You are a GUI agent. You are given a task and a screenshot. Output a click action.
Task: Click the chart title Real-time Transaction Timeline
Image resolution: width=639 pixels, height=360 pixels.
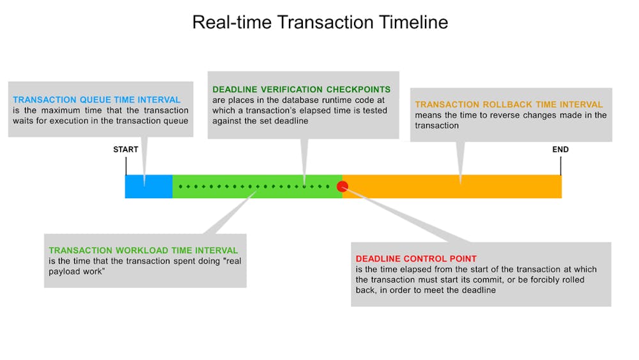point(320,22)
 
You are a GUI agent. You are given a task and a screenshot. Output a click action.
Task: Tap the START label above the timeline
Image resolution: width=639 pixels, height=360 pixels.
point(125,150)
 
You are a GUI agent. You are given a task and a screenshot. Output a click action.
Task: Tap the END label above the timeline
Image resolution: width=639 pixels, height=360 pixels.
point(560,150)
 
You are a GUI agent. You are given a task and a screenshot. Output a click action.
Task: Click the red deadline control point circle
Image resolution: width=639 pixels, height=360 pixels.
point(343,186)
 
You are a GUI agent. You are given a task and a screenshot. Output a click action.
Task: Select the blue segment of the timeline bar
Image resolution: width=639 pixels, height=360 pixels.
point(149,187)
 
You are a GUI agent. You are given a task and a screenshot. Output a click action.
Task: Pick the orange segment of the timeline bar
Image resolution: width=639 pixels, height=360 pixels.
point(452,187)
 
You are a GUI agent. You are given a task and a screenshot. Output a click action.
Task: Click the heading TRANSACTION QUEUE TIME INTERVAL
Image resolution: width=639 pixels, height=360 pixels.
point(96,100)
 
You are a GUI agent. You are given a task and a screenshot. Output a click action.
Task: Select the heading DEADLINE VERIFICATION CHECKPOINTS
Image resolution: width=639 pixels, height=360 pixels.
point(302,90)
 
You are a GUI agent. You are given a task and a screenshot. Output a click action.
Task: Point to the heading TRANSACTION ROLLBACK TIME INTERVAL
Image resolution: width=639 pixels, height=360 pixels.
point(509,104)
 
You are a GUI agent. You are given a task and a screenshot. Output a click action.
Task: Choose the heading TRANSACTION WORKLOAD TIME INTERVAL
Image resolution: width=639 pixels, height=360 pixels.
point(143,250)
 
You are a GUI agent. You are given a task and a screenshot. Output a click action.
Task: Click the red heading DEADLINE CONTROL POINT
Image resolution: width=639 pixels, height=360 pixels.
point(416,258)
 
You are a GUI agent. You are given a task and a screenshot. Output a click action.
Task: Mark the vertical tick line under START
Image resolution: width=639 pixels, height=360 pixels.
point(126,166)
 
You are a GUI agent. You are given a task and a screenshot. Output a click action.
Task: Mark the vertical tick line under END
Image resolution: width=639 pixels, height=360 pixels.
point(561,166)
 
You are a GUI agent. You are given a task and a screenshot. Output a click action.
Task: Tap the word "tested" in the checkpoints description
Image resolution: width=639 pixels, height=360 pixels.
point(375,111)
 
